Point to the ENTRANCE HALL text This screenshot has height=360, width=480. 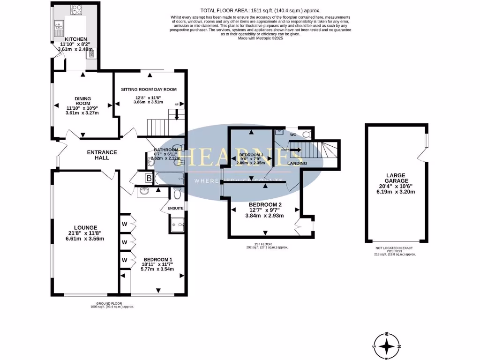[x=102, y=155]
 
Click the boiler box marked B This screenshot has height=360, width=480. [x=149, y=178]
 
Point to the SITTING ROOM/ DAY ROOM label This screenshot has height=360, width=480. [x=148, y=89]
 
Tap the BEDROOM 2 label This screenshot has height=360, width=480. [x=265, y=205]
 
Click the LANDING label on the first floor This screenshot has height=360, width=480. [x=297, y=163]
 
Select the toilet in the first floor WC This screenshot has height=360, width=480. [x=306, y=134]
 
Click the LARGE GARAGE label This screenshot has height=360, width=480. [x=397, y=178]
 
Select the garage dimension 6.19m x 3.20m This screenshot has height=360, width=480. [x=397, y=191]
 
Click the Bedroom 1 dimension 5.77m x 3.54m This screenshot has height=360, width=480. [x=158, y=270]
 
